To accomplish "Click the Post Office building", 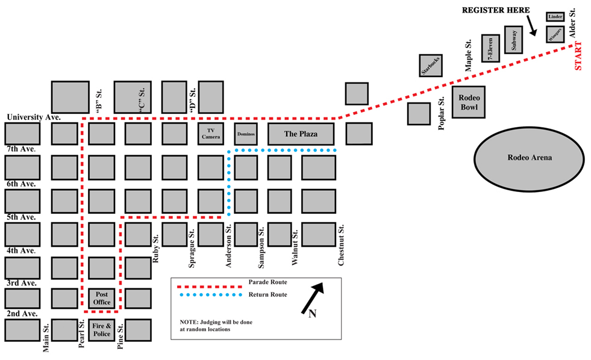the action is [102, 298].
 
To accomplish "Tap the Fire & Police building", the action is [102, 330].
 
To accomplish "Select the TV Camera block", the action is [211, 134].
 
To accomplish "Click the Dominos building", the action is [246, 134].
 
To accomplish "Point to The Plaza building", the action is [301, 134].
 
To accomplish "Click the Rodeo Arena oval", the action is [529, 158].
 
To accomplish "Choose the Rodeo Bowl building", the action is [469, 102].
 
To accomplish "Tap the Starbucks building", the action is [430, 66].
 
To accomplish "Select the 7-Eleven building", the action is [490, 48].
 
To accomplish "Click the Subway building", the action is [513, 40].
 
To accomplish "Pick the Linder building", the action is [555, 17].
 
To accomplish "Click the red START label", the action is [578, 56].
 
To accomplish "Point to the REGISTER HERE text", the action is [496, 10].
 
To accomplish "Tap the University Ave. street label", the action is [34, 117].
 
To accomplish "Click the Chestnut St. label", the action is [341, 245].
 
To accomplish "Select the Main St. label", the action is [46, 338].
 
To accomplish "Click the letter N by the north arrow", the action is [312, 313].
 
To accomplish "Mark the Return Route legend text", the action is [267, 294].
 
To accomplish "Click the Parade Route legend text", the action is [267, 282].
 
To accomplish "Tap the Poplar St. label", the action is [442, 113].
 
